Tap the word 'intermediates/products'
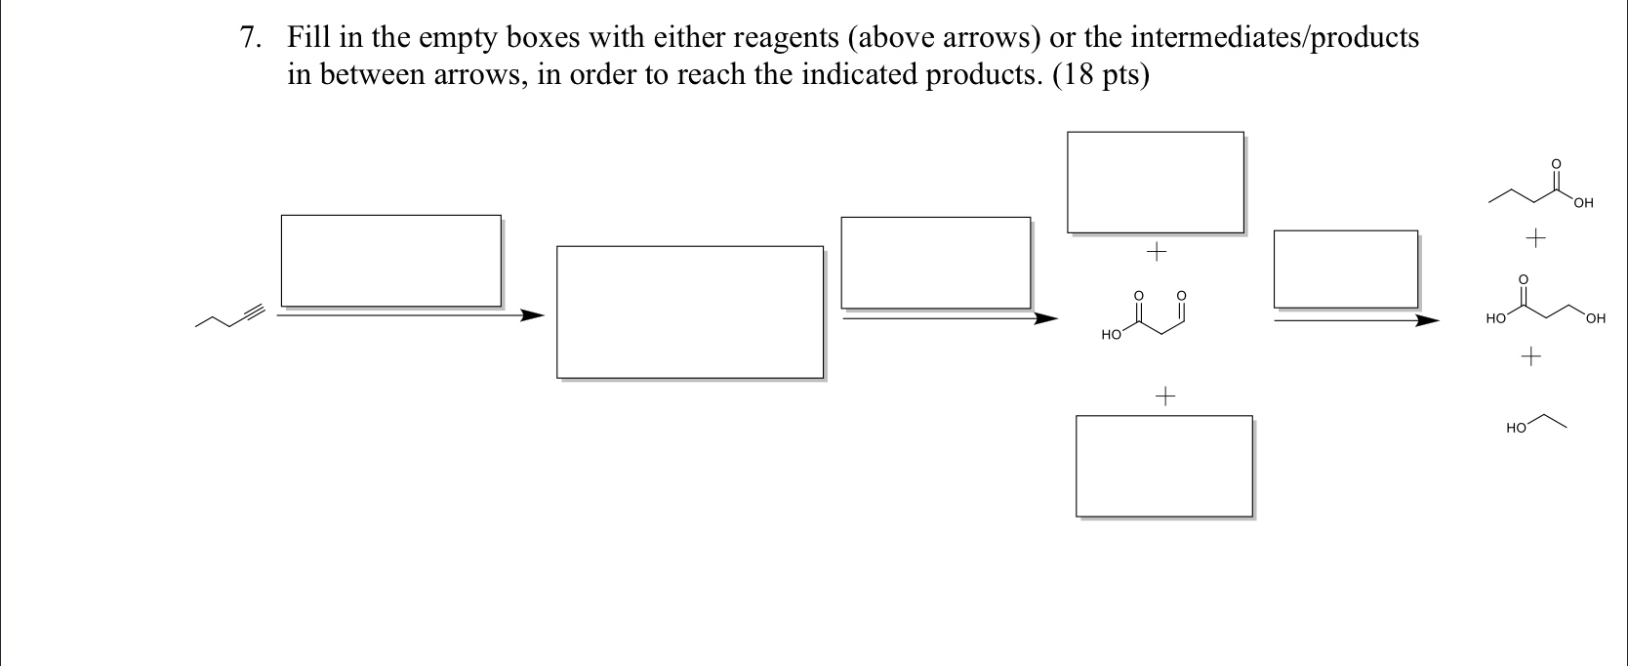(x=1275, y=39)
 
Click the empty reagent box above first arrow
(x=390, y=261)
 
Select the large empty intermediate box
(x=689, y=312)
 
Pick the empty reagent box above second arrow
(x=935, y=263)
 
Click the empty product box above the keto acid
(x=1155, y=182)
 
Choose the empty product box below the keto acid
(x=1163, y=466)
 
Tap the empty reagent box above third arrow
(x=1345, y=270)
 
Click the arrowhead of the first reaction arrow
(x=531, y=315)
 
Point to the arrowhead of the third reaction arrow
(x=1427, y=319)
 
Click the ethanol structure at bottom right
(x=1536, y=423)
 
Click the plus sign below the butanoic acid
(x=1536, y=237)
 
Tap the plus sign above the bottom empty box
(x=1165, y=396)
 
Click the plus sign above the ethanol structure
(x=1530, y=357)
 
